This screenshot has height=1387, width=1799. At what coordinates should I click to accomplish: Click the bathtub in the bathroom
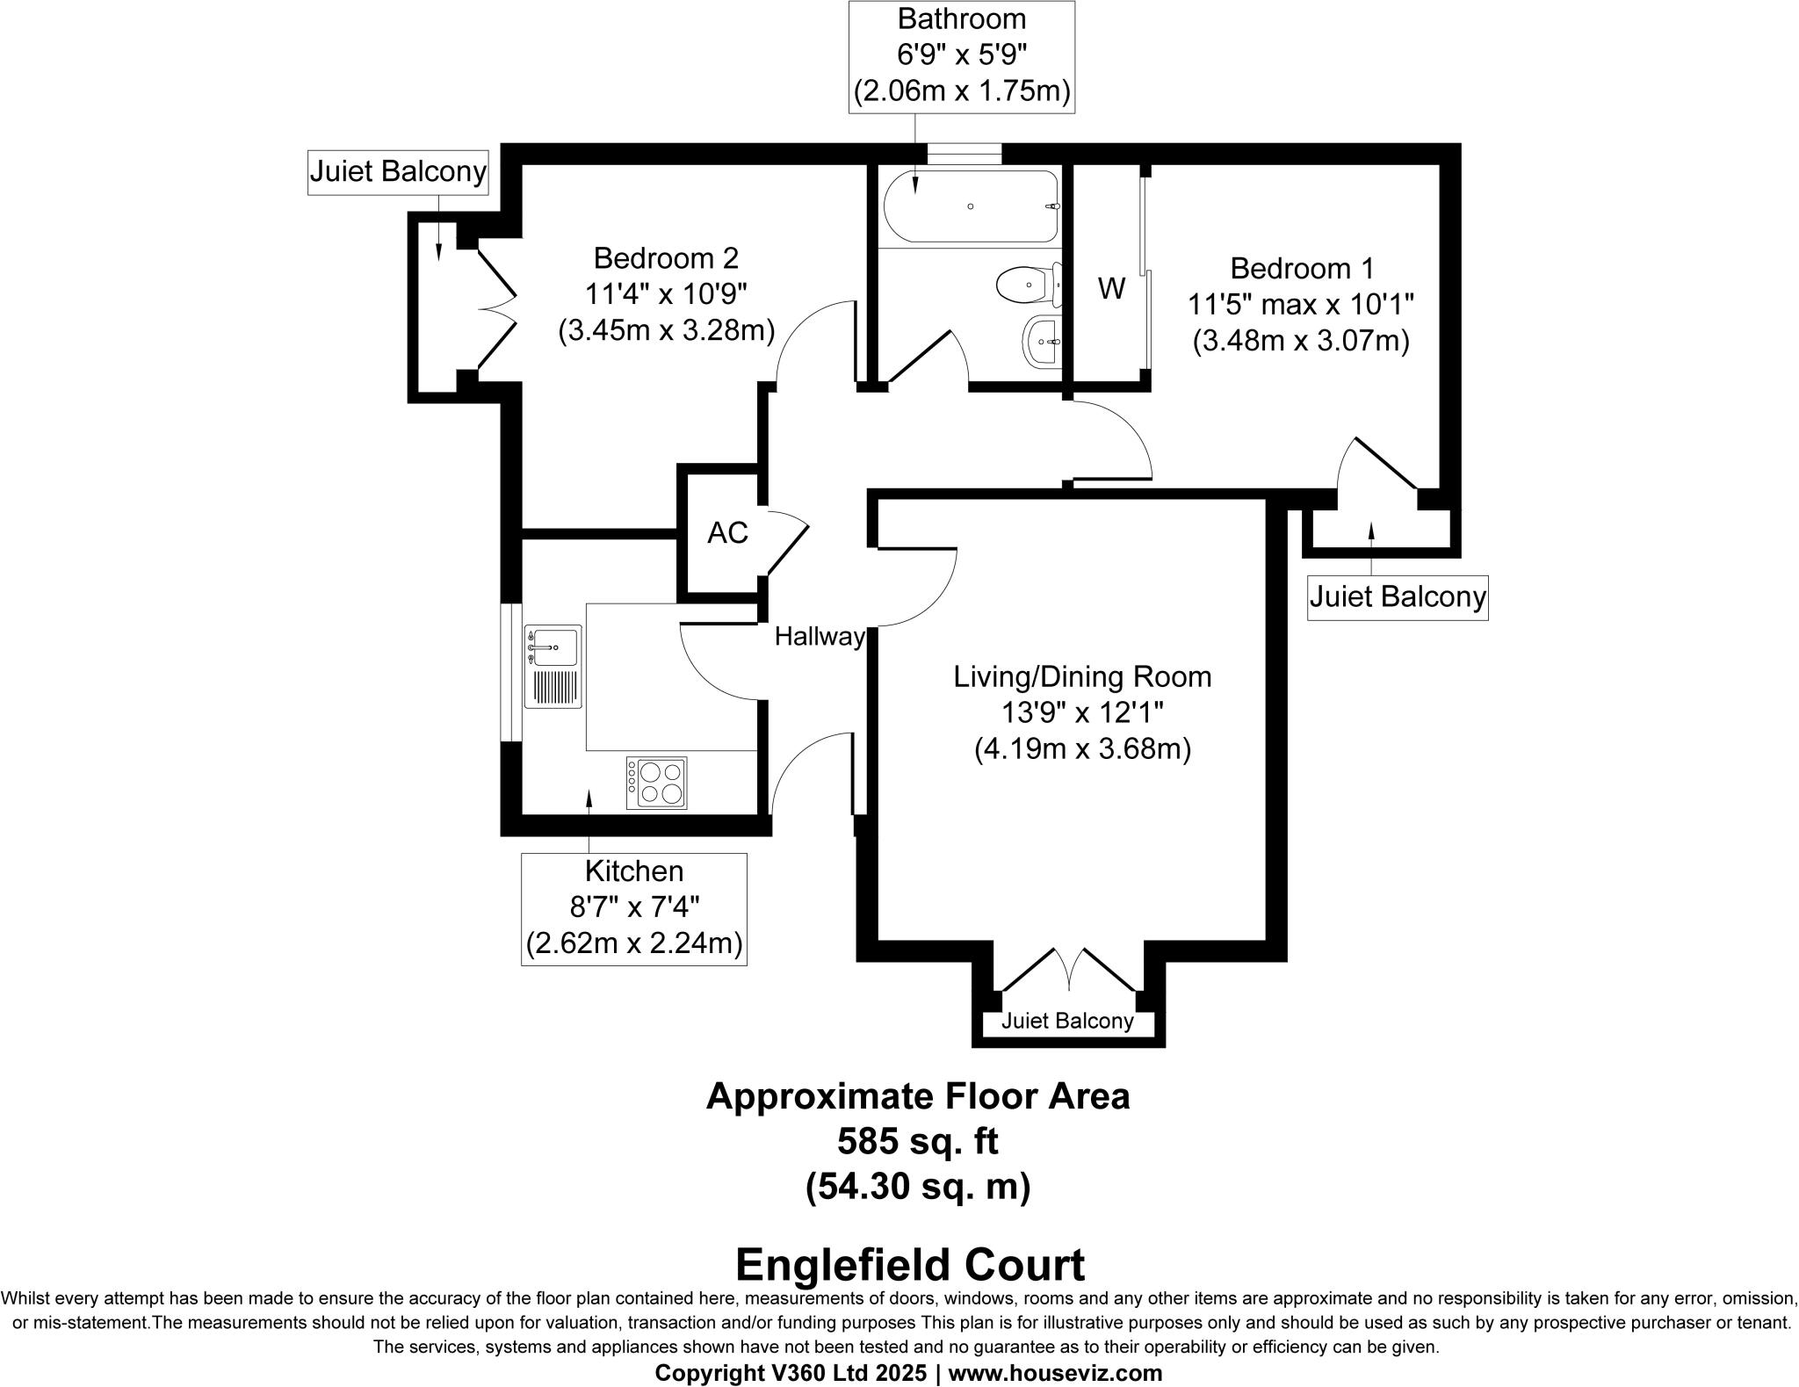point(970,206)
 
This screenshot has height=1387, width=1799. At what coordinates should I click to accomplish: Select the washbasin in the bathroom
point(1042,341)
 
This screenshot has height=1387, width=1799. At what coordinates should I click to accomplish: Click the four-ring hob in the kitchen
point(657,783)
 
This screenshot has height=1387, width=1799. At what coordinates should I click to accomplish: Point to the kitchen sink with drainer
point(553,667)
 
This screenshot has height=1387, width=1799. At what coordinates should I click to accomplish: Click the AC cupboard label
point(727,532)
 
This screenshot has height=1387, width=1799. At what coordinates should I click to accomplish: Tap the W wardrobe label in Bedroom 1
point(1111,288)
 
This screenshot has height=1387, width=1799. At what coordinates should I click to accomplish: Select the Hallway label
point(820,637)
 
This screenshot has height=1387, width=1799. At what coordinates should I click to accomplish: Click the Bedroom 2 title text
point(666,258)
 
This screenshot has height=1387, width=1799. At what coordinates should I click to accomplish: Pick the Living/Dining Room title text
point(1082,676)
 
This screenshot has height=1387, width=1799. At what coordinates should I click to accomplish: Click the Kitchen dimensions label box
point(634,909)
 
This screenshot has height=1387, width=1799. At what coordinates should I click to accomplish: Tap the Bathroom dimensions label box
point(962,56)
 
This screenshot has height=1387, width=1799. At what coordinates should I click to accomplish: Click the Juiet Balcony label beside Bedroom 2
point(398,171)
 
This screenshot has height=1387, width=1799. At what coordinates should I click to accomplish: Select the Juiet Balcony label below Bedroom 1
point(1398,597)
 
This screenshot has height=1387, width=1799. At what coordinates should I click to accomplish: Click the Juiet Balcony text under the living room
point(1067,1021)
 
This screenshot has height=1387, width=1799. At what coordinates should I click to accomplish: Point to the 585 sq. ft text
point(917,1141)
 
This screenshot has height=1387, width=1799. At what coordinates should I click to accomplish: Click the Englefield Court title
point(909,1266)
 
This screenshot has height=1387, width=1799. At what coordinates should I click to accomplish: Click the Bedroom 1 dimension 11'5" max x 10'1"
point(1301,305)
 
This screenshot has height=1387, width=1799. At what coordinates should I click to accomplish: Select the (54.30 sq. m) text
point(917,1187)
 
